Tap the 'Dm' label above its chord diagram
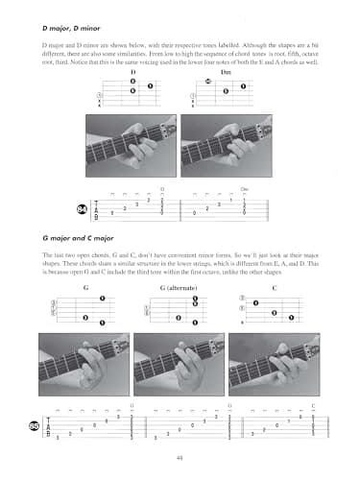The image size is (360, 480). pyautogui.click(x=227, y=71)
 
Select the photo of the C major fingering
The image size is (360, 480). pyautogui.click(x=275, y=365)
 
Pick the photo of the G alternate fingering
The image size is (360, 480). pyautogui.click(x=180, y=365)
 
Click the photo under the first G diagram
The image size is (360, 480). pyautogui.click(x=85, y=365)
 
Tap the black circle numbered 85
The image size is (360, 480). pyautogui.click(x=34, y=425)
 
